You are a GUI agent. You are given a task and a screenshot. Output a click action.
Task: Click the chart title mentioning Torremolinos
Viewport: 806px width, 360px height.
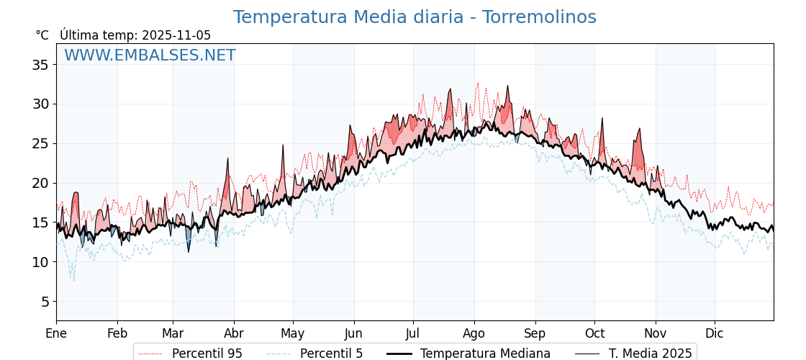(x=415, y=17)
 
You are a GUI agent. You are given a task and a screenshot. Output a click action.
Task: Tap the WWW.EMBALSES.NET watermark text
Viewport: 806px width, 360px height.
(x=150, y=55)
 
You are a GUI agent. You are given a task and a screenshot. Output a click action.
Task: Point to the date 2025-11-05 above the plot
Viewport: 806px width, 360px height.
(x=176, y=35)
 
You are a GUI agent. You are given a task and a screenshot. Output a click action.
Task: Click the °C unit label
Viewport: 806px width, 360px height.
(x=42, y=35)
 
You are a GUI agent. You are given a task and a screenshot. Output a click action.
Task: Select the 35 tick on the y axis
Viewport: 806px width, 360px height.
(x=40, y=65)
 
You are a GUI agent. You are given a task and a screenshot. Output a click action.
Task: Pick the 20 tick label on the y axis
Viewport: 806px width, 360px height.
(x=40, y=183)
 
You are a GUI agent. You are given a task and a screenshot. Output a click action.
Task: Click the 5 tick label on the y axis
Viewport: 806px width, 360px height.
(x=44, y=302)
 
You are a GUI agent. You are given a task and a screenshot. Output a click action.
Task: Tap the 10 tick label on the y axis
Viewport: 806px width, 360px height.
(x=40, y=262)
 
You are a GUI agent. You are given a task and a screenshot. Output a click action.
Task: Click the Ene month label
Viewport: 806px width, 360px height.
(x=56, y=334)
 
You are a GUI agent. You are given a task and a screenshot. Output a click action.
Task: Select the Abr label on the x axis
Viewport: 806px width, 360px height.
(x=234, y=334)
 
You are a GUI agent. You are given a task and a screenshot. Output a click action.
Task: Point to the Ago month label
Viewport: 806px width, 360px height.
(x=474, y=334)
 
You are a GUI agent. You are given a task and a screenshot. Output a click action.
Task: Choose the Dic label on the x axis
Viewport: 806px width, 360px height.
(x=715, y=334)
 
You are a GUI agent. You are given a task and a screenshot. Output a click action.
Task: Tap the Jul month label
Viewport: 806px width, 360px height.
(x=413, y=334)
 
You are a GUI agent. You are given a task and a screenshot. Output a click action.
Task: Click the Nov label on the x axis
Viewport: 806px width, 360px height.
(x=656, y=334)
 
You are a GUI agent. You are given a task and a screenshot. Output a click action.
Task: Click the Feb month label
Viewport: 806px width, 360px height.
(x=117, y=334)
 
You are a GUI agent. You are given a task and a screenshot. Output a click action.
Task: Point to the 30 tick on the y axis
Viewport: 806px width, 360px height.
(x=40, y=104)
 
